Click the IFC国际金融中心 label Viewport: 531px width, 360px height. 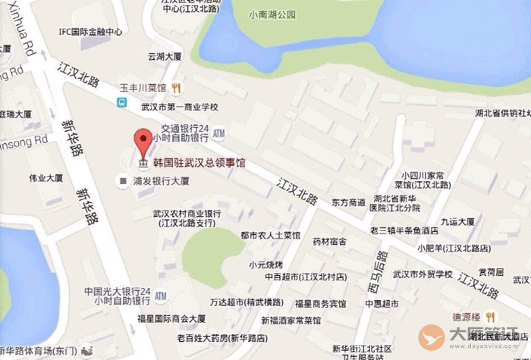point(91,32)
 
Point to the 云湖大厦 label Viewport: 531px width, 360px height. point(165,56)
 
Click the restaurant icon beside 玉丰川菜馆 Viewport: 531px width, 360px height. point(176,87)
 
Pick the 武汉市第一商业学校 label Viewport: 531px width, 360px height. point(174,108)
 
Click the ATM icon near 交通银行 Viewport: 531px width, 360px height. point(219,133)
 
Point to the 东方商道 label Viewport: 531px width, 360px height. point(348,202)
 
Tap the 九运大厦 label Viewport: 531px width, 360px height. point(458,222)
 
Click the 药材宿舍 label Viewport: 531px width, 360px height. point(330,241)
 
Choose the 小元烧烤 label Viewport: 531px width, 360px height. point(265,265)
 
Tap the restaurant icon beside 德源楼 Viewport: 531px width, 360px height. point(491,316)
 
